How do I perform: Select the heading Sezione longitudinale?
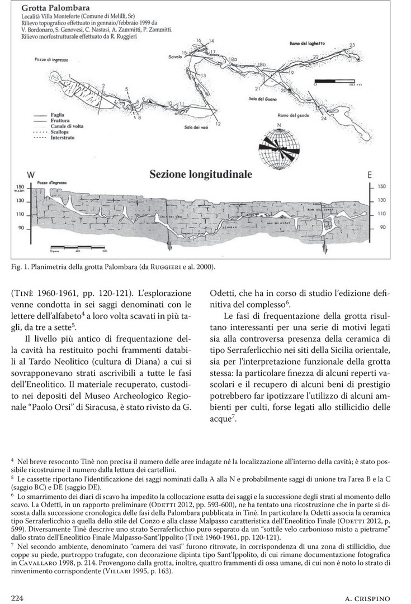[201, 174]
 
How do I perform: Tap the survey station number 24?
[324, 119]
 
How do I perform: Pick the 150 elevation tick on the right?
[382, 187]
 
